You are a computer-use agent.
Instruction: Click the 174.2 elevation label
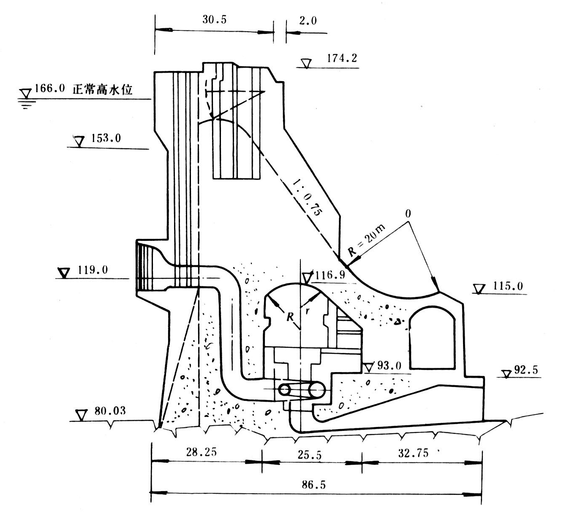point(342,58)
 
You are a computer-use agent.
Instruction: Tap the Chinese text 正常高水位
point(103,90)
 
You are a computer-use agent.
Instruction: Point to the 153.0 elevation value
point(106,138)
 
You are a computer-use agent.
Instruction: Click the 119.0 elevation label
point(93,269)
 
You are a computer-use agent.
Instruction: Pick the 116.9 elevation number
point(330,275)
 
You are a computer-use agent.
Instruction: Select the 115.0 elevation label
point(508,286)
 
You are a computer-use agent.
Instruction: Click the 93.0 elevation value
point(389,365)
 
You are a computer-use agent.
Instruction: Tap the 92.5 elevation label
point(526,370)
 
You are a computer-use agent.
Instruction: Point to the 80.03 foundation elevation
point(110,411)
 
